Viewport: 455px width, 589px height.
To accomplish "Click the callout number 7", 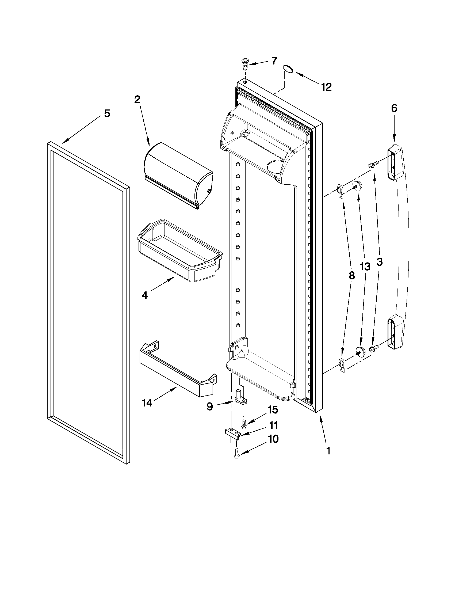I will coord(274,61).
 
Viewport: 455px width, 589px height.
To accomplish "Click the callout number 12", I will coord(326,87).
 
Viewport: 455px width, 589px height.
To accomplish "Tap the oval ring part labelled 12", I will coord(288,68).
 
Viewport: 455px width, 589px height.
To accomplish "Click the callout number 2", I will coord(137,100).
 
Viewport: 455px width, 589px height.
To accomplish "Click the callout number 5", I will coord(107,113).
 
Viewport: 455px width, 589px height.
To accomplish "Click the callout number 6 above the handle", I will coord(394,108).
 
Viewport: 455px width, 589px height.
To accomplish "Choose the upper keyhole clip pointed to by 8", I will coord(341,190).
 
